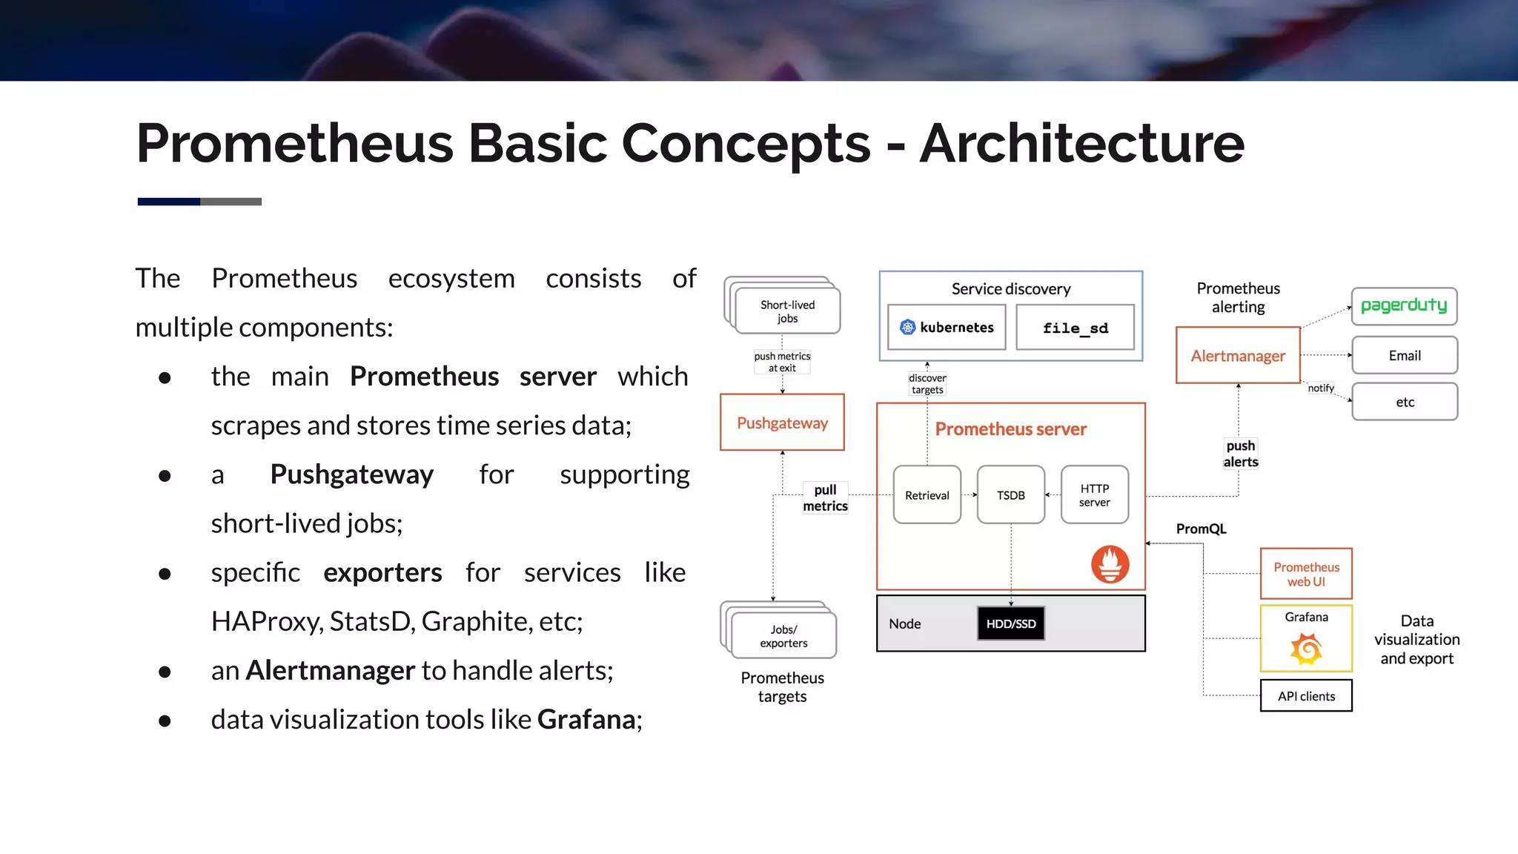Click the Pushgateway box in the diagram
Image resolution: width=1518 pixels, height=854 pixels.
coord(782,423)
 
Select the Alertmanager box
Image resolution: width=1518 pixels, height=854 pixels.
coord(1238,356)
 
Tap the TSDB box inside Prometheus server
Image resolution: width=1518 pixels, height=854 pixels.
coord(1010,495)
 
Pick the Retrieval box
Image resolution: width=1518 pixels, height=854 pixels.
coord(927,495)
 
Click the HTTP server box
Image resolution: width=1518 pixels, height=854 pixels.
coord(1094,495)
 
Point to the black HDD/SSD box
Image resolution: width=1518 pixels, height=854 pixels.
coord(1011,623)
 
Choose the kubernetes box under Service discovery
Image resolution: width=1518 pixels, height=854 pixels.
coord(947,328)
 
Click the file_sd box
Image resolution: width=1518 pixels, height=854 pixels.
coord(1075,328)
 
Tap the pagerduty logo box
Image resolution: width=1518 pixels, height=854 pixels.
coord(1404,306)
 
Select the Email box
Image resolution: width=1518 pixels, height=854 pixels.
coord(1405,356)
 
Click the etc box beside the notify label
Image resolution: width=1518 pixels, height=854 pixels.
coord(1405,402)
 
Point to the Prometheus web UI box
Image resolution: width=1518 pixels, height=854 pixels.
coord(1306,574)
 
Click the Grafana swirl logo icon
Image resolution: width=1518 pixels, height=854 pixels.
coord(1306,649)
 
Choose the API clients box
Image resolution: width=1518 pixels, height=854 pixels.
coord(1306,696)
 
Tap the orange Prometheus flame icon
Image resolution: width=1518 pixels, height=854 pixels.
coord(1110,564)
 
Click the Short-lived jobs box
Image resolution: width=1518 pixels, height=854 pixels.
coord(786,311)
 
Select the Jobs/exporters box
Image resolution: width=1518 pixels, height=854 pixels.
coord(783,636)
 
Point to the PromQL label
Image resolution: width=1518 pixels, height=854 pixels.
coord(1201,529)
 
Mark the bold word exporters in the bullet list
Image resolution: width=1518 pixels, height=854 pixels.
coord(382,573)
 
